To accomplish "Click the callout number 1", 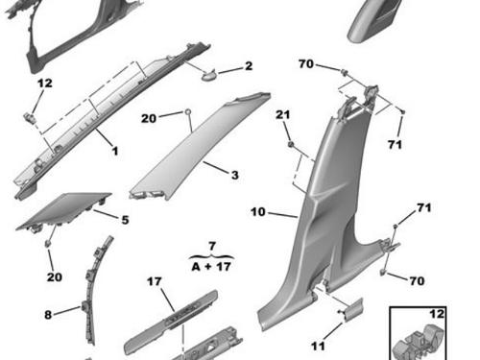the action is click(115, 151).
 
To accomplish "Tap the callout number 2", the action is click(249, 66).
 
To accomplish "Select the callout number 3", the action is click(235, 175).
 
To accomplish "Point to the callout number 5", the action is click(125, 220).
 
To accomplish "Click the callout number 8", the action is click(48, 315).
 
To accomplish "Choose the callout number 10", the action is click(258, 212).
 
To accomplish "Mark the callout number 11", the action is click(318, 346).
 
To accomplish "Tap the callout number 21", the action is click(283, 114).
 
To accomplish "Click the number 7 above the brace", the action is click(212, 247).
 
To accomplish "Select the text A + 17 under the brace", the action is click(211, 266).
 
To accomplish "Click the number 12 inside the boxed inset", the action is click(437, 314).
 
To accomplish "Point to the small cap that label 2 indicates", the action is click(209, 75).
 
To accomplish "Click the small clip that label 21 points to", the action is click(291, 144).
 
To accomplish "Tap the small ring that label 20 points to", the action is click(188, 111).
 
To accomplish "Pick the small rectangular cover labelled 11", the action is click(352, 309).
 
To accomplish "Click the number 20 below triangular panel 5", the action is click(55, 276).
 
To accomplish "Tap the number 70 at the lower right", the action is click(417, 281).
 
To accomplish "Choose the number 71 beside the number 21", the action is click(395, 145).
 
